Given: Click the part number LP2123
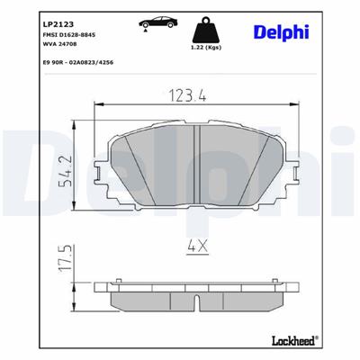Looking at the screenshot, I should [32, 18].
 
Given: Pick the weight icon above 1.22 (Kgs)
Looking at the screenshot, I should [210, 24].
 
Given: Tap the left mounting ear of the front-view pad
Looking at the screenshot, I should [102, 173].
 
